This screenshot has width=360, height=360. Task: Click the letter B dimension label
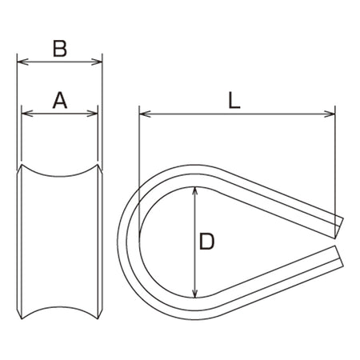point(60,49)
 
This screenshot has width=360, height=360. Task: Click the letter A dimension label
point(60,100)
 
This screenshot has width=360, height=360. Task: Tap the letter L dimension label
point(234,100)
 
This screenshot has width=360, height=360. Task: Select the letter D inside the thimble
point(207,242)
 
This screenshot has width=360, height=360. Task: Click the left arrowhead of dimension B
point(22,62)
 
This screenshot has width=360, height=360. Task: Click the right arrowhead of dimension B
point(97,62)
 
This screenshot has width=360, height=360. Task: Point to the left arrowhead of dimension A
point(27,114)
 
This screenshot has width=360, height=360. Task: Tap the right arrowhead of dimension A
point(93,114)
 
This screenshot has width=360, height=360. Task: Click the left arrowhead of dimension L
point(145,114)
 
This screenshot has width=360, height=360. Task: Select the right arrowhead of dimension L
point(330,114)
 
